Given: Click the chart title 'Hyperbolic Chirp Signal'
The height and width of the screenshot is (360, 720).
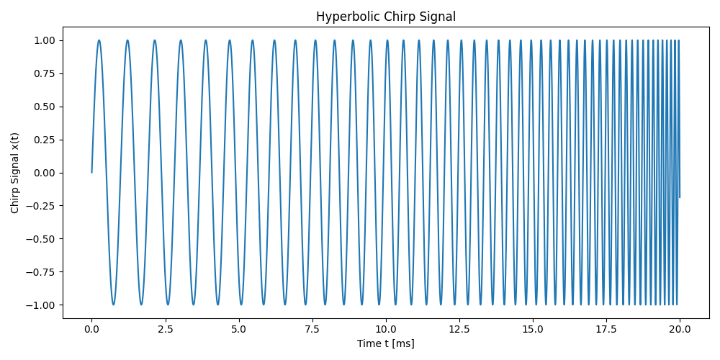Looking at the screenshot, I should (385, 17).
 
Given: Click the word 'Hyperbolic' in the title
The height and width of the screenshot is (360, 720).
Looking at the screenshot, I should (341, 17).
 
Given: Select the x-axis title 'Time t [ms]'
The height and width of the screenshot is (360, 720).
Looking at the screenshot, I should (385, 344).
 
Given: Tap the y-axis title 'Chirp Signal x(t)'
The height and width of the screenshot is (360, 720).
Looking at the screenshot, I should (15, 173).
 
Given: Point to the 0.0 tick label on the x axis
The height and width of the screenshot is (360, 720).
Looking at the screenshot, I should (91, 329).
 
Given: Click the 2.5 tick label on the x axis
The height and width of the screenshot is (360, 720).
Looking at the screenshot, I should (165, 329).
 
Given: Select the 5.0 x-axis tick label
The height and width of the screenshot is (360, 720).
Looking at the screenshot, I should (238, 329).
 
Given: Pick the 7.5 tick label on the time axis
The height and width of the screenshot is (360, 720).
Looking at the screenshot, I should (312, 329).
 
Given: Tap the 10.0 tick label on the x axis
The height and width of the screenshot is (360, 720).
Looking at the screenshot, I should (386, 329).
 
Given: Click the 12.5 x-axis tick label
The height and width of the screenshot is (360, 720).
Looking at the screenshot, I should (459, 329).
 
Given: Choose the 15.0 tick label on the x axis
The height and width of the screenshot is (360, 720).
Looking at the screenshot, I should (533, 329).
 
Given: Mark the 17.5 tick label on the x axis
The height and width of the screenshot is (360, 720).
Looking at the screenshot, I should (606, 329).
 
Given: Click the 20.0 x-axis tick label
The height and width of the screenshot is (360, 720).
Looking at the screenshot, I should (680, 329).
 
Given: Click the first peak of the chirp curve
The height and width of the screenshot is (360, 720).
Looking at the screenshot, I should (99, 40).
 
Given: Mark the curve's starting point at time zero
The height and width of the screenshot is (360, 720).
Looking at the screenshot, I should (91, 173).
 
